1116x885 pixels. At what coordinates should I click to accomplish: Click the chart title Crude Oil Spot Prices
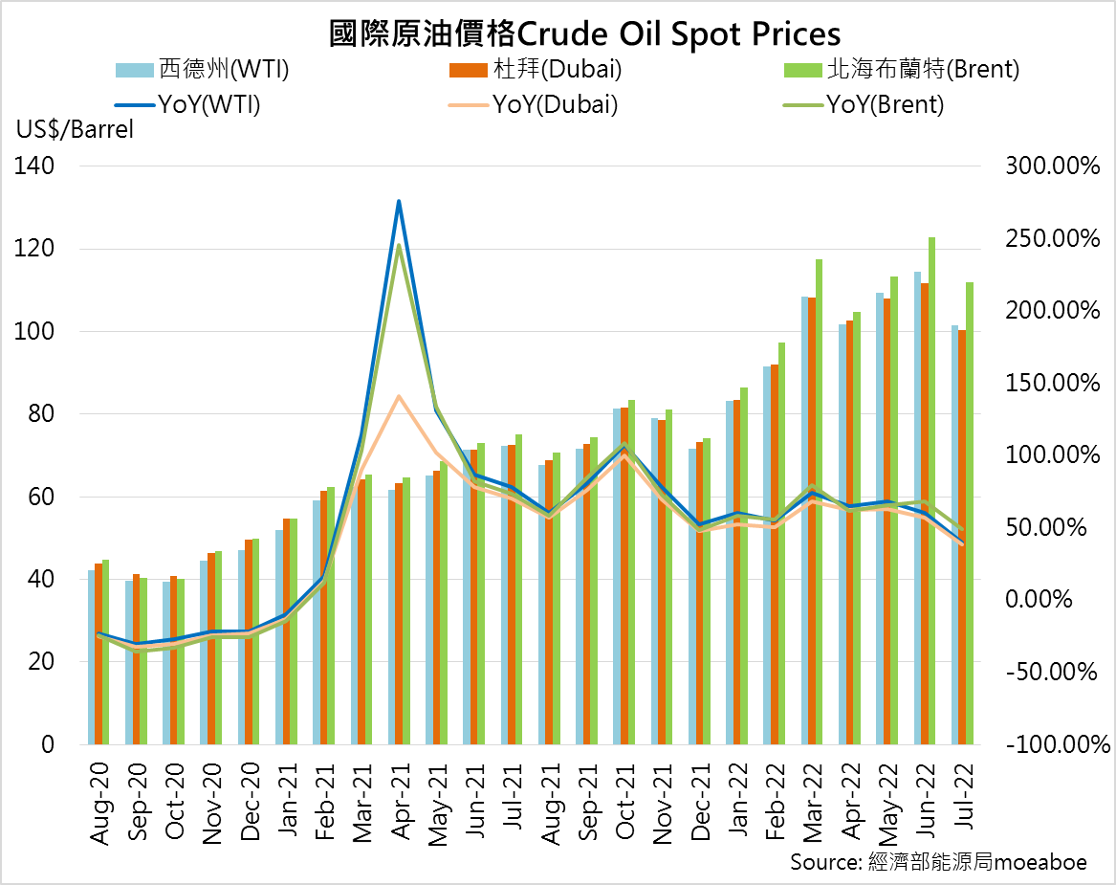[584, 33]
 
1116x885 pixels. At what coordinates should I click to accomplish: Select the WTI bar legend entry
[202, 70]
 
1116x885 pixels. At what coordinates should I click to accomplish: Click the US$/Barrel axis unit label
[74, 130]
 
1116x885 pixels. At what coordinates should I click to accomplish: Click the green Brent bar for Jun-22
[931, 490]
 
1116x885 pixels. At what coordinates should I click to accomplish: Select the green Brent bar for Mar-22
[819, 501]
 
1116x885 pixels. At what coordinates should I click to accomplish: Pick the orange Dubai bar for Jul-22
[962, 537]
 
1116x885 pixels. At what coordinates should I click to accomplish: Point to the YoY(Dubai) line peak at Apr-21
[399, 395]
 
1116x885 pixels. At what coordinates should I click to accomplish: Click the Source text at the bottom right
[937, 862]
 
